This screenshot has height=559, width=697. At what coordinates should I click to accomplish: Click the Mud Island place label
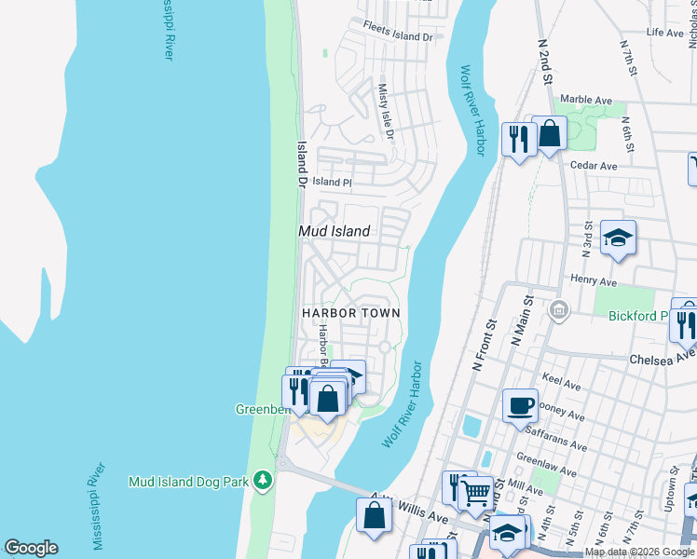(x=334, y=231)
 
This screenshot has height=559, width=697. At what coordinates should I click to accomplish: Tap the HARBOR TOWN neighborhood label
(x=350, y=314)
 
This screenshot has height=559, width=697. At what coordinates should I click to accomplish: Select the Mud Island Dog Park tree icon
(x=265, y=479)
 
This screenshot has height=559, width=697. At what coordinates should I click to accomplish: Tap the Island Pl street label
(x=332, y=182)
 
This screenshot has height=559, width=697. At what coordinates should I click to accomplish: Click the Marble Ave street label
(x=586, y=100)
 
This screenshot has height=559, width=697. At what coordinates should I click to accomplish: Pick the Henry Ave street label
(x=594, y=280)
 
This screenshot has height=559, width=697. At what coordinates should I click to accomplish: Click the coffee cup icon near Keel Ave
(x=520, y=405)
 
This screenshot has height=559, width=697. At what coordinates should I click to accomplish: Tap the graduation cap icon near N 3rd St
(x=618, y=238)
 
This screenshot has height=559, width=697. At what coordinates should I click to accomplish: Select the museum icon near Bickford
(x=559, y=310)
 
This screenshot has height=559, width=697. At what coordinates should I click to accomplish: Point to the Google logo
(x=31, y=548)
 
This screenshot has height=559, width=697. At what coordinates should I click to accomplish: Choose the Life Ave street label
(x=665, y=33)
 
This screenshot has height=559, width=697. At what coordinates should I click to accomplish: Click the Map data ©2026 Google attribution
(x=639, y=552)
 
